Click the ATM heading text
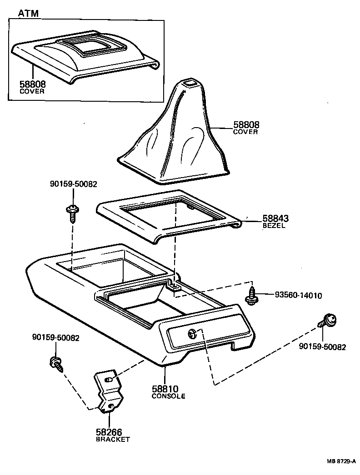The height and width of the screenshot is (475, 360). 28,14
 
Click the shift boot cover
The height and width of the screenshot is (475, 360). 177,136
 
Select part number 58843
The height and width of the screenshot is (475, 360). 275,219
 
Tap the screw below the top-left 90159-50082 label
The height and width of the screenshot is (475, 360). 71,213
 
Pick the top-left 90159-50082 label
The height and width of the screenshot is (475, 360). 73,184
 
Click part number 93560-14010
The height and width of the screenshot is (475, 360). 298,296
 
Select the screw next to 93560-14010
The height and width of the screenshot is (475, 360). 250,295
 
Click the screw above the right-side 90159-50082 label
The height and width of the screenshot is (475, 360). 328,322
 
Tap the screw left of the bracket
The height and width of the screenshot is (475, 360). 57,363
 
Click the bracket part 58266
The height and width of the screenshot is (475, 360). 109,391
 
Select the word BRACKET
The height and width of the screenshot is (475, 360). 112,440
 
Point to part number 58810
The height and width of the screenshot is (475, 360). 165,389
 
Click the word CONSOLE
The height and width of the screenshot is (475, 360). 168,396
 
